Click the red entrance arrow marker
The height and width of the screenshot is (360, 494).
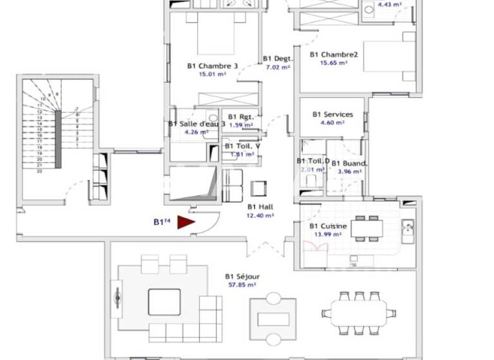tap(186, 222)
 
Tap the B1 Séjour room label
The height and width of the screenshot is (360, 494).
tap(241, 277)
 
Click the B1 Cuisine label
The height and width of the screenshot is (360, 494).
tap(328, 226)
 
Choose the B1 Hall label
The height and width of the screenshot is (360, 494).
tap(261, 207)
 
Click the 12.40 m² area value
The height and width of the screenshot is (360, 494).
tap(261, 215)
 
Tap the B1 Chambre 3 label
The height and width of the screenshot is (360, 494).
tap(213, 66)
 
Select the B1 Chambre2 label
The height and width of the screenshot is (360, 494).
tap(334, 55)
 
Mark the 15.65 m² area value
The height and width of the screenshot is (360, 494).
tap(334, 63)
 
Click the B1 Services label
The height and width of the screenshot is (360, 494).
tap(333, 114)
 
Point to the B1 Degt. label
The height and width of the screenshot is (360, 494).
tap(277, 59)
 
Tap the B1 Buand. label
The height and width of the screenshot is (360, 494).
tap(349, 163)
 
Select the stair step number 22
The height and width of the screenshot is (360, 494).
tap(39, 170)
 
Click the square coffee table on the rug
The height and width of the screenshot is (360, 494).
tap(165, 301)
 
